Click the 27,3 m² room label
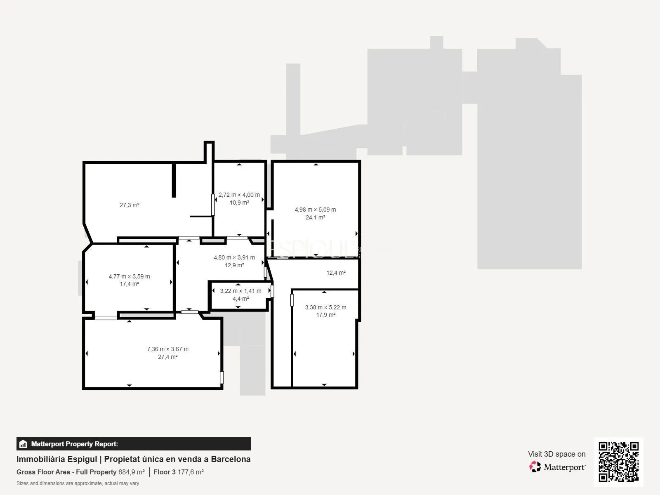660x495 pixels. pyautogui.click(x=129, y=205)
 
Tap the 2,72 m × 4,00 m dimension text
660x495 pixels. pyautogui.click(x=239, y=195)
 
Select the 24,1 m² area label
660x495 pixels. pyautogui.click(x=315, y=217)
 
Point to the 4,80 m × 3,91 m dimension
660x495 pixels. pyautogui.click(x=234, y=257)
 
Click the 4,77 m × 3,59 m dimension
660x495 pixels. pyautogui.click(x=129, y=276)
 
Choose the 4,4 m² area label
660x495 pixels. pyautogui.click(x=240, y=299)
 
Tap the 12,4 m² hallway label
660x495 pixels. pyautogui.click(x=336, y=273)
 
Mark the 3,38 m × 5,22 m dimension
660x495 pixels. pyautogui.click(x=325, y=307)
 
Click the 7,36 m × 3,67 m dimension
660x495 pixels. pyautogui.click(x=168, y=349)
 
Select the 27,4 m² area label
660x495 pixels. pyautogui.click(x=168, y=357)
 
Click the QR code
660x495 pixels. pyautogui.click(x=618, y=462)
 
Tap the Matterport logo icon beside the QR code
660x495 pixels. pyautogui.click(x=535, y=467)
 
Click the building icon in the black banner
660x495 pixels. pyautogui.click(x=23, y=444)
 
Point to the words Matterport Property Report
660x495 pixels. pyautogui.click(x=75, y=444)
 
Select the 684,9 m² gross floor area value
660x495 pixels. pyautogui.click(x=132, y=472)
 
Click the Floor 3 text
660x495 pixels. pyautogui.click(x=165, y=472)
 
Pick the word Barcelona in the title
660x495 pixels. pyautogui.click(x=231, y=459)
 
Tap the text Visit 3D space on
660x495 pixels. pyautogui.click(x=557, y=454)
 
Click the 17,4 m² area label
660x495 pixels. pyautogui.click(x=129, y=284)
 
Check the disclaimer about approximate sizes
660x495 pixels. pyautogui.click(x=78, y=483)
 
